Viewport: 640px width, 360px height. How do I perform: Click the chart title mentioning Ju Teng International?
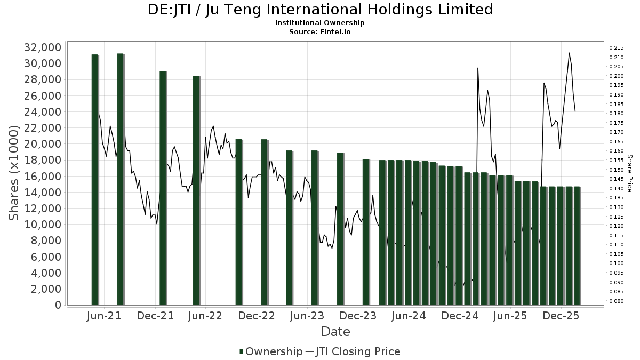pyautogui.click(x=320, y=10)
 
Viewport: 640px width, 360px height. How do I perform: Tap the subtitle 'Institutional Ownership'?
pyautogui.click(x=319, y=23)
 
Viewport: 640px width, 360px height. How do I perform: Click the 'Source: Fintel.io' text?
pyautogui.click(x=319, y=31)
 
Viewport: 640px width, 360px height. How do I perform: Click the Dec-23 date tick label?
pyautogui.click(x=358, y=316)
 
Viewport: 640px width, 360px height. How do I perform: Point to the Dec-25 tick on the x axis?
pyautogui.click(x=562, y=316)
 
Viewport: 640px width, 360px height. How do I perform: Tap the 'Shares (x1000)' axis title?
pyautogui.click(x=14, y=173)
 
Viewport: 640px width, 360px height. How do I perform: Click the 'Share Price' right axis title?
pyautogui.click(x=629, y=173)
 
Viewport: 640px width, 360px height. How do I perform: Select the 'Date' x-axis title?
pyautogui.click(x=335, y=332)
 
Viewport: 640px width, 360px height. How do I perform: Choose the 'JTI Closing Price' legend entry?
pyautogui.click(x=358, y=351)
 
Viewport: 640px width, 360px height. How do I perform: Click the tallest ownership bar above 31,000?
pyautogui.click(x=120, y=179)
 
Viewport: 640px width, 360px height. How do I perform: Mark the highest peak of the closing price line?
pyautogui.click(x=569, y=53)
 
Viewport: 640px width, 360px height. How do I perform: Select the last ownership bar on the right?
pyautogui.click(x=577, y=246)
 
